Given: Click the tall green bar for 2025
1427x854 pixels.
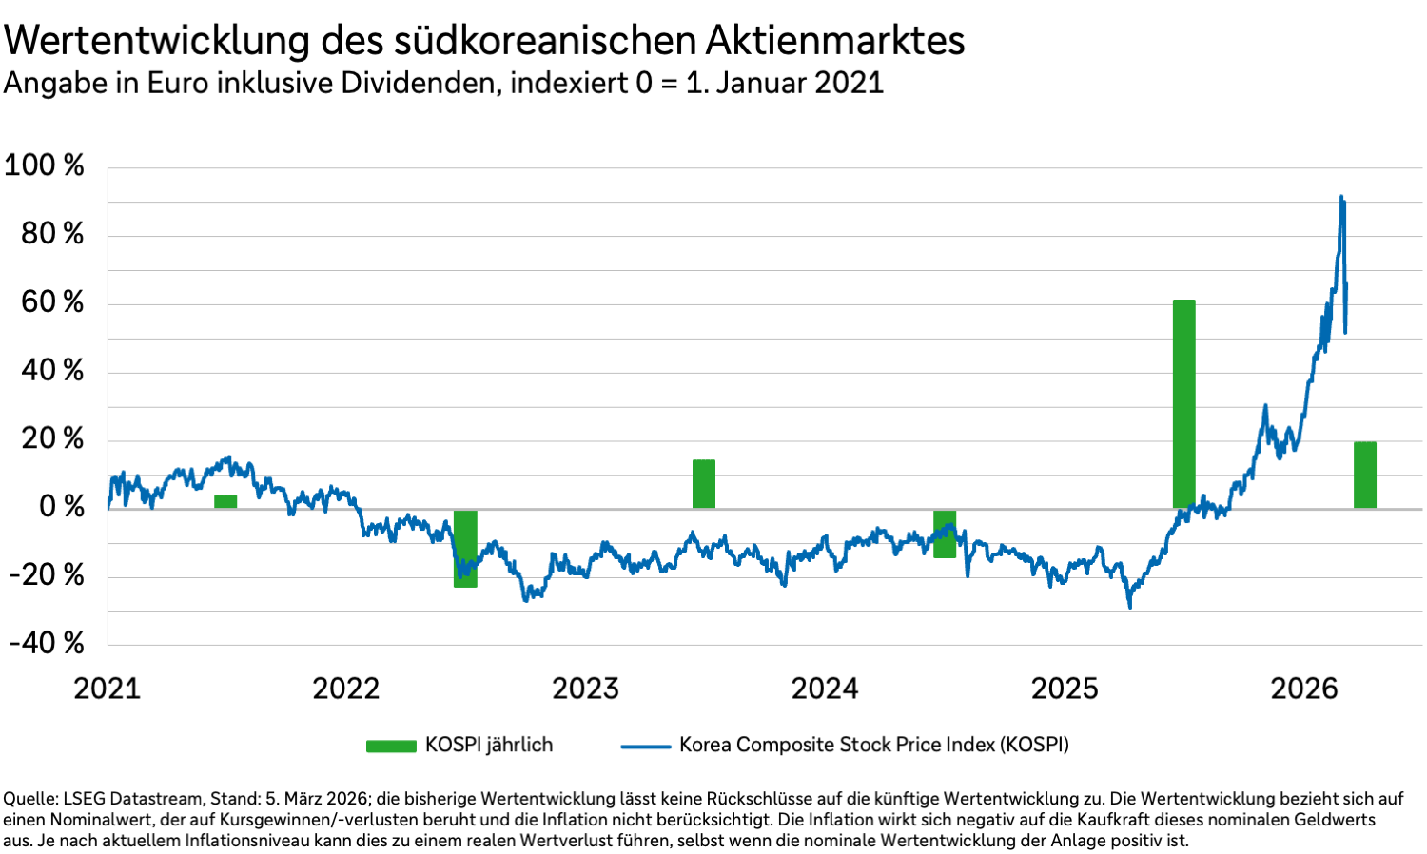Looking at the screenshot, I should [x=1183, y=404].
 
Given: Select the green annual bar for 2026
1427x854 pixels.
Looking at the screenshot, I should [x=1364, y=475].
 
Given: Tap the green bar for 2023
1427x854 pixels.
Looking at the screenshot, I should [x=703, y=484].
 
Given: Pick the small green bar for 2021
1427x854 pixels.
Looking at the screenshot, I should [x=225, y=501].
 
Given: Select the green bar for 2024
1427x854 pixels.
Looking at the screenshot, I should [x=944, y=534].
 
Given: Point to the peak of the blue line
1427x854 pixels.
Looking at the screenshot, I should [x=1341, y=198].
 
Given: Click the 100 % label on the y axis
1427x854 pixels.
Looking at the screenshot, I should [x=44, y=165].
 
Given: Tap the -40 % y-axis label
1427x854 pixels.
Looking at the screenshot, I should [x=47, y=644].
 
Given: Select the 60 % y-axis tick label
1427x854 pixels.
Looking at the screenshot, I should [x=52, y=302].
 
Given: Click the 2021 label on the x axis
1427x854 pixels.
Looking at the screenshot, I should [x=107, y=689].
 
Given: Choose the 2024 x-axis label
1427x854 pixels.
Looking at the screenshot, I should [x=825, y=689].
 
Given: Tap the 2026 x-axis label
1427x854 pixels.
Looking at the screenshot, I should [x=1303, y=689].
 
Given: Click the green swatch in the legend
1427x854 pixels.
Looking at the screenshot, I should [x=391, y=746].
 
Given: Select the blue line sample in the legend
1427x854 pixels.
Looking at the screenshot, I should [x=646, y=746].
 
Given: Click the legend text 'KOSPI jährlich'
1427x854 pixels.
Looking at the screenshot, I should [x=489, y=745].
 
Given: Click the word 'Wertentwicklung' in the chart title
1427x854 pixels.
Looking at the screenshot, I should [x=157, y=41].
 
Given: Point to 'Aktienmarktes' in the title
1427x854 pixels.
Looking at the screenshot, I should [x=835, y=41].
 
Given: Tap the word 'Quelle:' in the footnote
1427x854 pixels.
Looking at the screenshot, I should [x=29, y=799].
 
